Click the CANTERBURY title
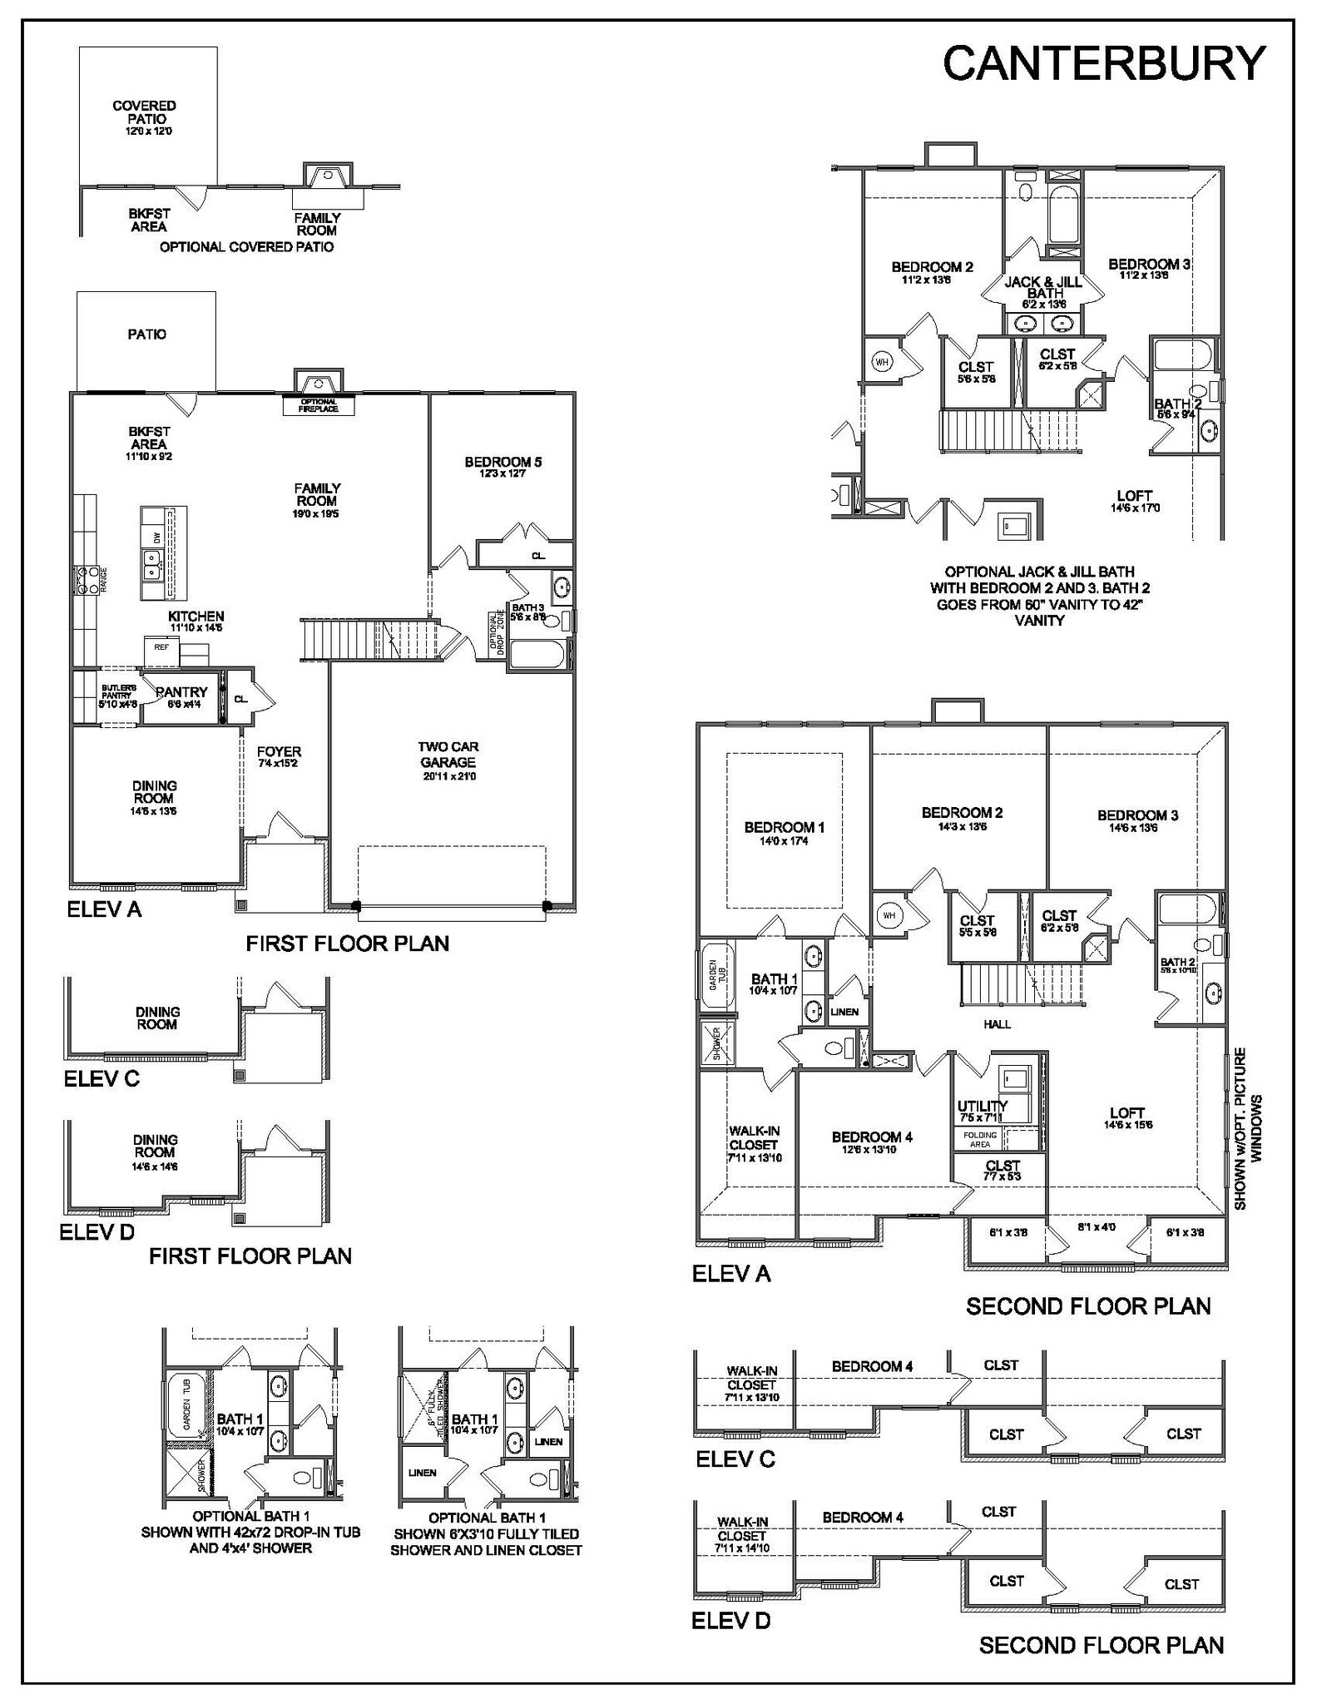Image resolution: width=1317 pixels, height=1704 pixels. (x=1103, y=63)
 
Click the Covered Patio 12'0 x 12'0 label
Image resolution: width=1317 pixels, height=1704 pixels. (x=145, y=117)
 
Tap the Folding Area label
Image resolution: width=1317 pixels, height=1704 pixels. (x=979, y=1140)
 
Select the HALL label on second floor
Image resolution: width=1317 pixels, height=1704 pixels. (x=997, y=1024)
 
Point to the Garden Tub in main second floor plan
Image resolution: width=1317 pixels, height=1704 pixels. (x=714, y=973)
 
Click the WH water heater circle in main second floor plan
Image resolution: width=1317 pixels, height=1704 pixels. (x=889, y=915)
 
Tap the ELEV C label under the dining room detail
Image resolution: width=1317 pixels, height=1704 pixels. (x=101, y=1078)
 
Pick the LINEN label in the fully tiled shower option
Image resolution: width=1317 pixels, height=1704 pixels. (x=423, y=1473)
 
